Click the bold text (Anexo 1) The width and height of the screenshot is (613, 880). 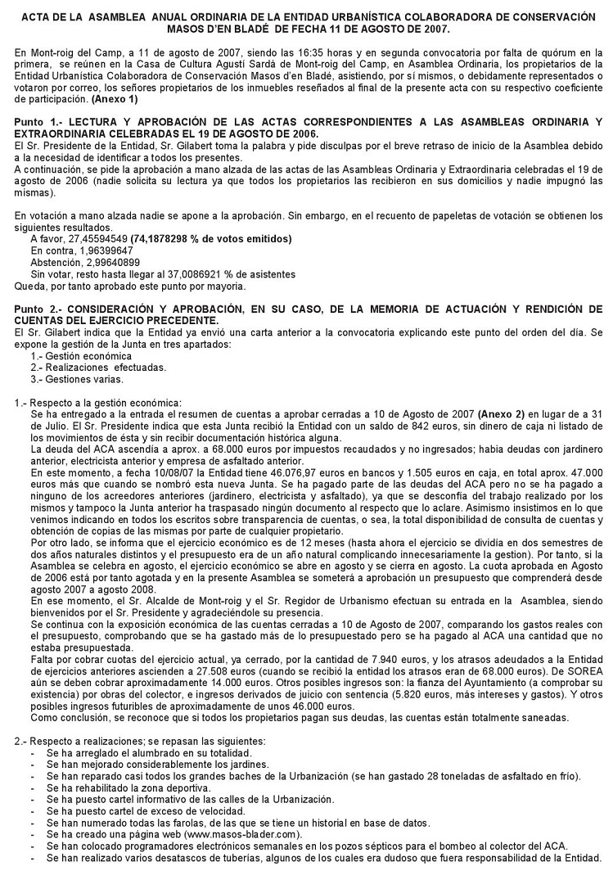(115, 99)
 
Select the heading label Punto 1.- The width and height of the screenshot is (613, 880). (40, 122)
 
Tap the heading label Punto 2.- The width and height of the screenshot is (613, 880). (40, 308)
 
